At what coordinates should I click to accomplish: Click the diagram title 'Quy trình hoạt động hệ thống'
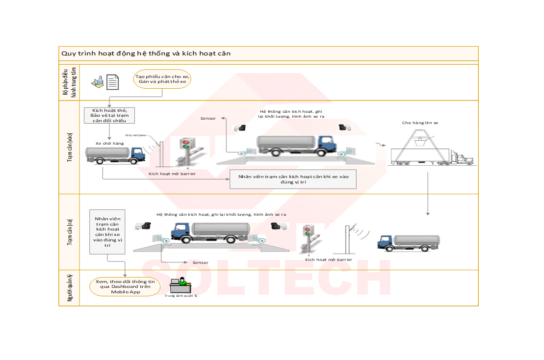(146, 53)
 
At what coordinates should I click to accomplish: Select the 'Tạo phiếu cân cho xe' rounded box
(162, 78)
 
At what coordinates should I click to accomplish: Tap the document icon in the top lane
(112, 82)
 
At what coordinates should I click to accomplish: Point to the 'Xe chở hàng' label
(109, 143)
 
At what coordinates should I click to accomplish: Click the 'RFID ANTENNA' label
(135, 136)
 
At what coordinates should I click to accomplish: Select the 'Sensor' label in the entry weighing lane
(208, 119)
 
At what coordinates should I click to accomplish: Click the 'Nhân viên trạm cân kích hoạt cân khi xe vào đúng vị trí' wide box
(293, 180)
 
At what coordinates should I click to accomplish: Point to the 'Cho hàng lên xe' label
(420, 123)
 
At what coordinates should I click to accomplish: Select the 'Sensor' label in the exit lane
(200, 262)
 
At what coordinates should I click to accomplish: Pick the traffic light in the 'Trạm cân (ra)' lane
(308, 230)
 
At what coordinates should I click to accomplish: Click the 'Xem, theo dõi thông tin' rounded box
(125, 286)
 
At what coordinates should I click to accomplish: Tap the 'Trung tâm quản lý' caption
(181, 296)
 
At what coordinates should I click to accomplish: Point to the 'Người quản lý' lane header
(69, 288)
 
